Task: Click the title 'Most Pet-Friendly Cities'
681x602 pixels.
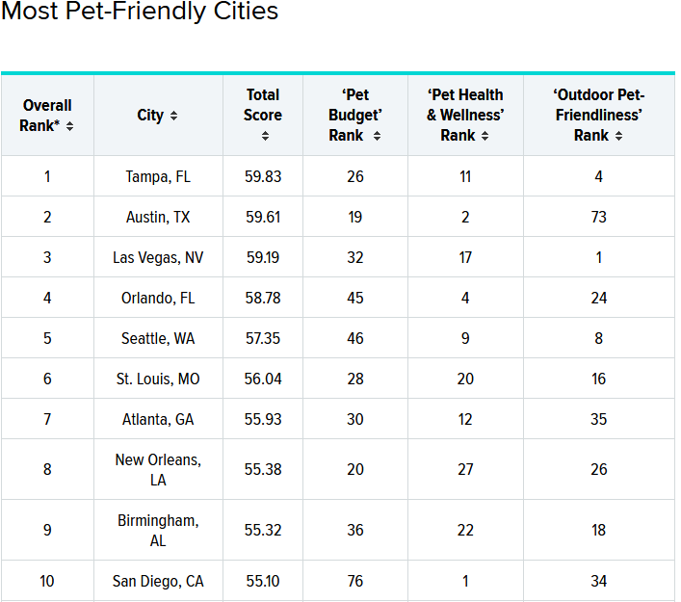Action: pos(140,13)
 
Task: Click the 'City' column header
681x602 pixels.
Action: pos(157,116)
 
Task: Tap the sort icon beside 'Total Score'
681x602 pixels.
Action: pos(264,136)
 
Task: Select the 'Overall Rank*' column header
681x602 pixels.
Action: pos(47,116)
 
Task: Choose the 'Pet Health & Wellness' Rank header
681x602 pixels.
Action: pos(465,116)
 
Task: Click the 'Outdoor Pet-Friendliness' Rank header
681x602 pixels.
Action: pos(598,116)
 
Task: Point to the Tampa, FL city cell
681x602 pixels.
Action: pos(158,176)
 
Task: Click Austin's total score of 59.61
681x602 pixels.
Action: pos(263,217)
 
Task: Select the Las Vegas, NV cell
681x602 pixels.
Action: pos(158,257)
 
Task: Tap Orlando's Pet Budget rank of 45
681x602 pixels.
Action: pos(355,298)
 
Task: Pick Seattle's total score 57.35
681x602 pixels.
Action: pos(263,338)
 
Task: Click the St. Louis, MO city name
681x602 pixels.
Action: pos(158,379)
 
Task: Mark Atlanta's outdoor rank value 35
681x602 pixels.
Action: pos(599,419)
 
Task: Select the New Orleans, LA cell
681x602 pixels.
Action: pos(158,469)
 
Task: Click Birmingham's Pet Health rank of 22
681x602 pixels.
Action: pos(465,530)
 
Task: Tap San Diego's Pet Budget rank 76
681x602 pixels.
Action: pos(355,581)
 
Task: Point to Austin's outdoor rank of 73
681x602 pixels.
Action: pos(599,217)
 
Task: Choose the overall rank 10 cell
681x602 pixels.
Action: pos(47,581)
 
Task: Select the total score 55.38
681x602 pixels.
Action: pos(263,469)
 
